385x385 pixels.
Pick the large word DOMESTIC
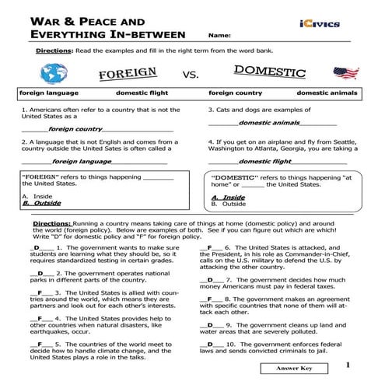click(x=269, y=73)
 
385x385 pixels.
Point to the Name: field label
click(x=220, y=36)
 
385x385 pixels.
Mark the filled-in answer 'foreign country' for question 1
click(x=76, y=129)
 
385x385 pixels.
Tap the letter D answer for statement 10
click(x=208, y=344)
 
